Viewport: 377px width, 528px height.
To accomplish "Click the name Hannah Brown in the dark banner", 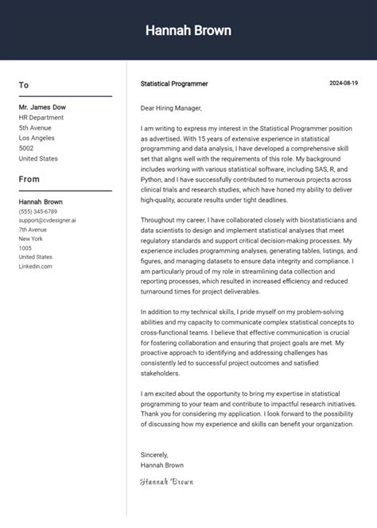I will click(188, 30).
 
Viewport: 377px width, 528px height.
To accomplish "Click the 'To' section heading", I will click(24, 85).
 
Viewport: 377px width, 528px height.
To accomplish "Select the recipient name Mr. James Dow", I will click(42, 107).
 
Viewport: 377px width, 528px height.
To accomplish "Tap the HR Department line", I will click(41, 117).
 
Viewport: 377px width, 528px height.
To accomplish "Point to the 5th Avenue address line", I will click(35, 127).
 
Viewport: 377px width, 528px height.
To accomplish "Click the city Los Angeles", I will click(37, 138).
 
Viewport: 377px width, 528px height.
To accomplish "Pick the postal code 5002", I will click(26, 148).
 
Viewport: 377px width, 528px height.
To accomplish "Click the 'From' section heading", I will click(29, 179).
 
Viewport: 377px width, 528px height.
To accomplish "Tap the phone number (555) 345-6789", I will click(38, 212).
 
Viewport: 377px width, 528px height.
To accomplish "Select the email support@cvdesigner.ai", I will click(48, 220).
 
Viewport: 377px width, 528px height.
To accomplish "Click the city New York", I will click(31, 239).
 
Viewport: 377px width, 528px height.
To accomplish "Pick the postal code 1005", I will click(25, 248).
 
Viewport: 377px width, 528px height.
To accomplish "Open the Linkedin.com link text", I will click(36, 266).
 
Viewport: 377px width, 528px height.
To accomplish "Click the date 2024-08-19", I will click(344, 83).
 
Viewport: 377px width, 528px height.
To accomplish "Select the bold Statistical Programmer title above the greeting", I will click(174, 83).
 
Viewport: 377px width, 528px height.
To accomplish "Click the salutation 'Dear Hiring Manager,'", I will click(171, 108).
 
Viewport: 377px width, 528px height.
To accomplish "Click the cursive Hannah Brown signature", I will click(166, 482).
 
